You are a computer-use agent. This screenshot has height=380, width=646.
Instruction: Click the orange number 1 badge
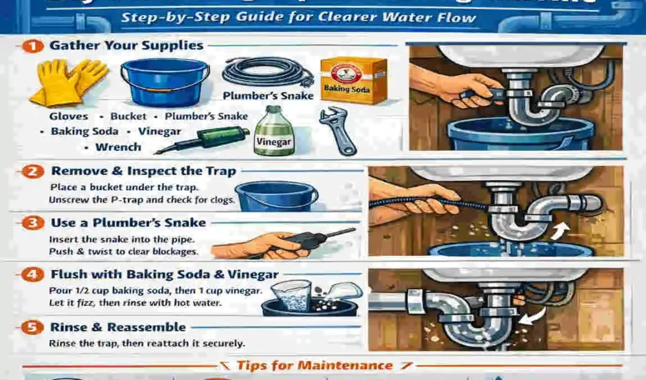point(35,46)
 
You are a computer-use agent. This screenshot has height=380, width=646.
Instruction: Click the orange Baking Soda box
point(353,80)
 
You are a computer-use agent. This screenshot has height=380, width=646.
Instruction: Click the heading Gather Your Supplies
point(126,46)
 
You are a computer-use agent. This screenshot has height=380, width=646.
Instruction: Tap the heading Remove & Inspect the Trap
point(143,171)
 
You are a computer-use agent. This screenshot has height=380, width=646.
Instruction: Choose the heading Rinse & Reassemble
point(118,327)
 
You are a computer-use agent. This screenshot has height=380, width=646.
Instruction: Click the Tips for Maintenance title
point(314,365)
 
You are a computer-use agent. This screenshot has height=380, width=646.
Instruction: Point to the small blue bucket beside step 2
point(276,196)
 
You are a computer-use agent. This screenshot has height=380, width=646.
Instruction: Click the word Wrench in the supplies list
point(118,147)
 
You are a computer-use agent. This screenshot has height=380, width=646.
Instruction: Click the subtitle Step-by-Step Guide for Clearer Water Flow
point(298,17)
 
